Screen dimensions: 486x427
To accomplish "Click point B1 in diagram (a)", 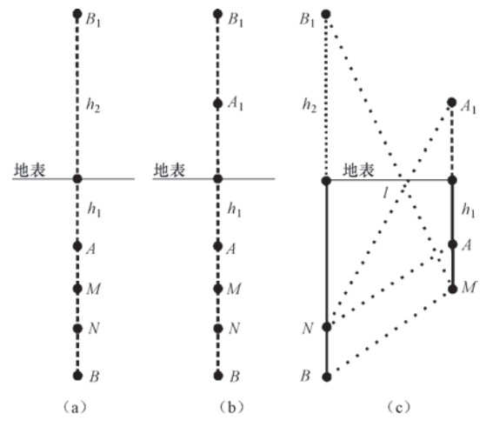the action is [77, 14].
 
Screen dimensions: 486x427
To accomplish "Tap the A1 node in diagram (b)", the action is [218, 103].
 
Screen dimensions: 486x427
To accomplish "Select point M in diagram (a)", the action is [77, 289].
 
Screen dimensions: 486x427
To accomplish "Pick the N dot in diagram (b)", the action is [218, 329].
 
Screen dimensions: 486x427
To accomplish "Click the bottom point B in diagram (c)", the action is [327, 377].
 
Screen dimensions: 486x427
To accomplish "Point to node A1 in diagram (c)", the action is [452, 102].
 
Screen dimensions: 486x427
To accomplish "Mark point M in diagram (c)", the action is [453, 290].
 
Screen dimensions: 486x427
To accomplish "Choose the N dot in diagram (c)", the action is [327, 327].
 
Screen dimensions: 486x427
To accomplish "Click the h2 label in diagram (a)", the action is [93, 105].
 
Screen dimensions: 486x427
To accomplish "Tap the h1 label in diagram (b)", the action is [235, 209].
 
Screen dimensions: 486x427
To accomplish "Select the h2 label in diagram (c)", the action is [310, 105].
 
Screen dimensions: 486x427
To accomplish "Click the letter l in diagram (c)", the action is [385, 193].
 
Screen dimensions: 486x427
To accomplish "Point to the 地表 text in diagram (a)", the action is [30, 170].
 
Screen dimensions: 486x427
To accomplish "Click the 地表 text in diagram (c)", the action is [358, 170].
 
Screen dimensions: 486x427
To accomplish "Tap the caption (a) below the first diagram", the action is [75, 407].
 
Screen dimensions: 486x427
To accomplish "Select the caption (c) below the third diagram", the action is [398, 407].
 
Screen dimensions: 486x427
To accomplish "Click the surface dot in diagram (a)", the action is [77, 178].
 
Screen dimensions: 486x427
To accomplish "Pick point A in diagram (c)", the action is [453, 244].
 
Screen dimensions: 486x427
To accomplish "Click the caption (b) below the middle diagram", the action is [231, 407].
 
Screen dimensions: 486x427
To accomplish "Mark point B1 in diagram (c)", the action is [326, 14].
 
